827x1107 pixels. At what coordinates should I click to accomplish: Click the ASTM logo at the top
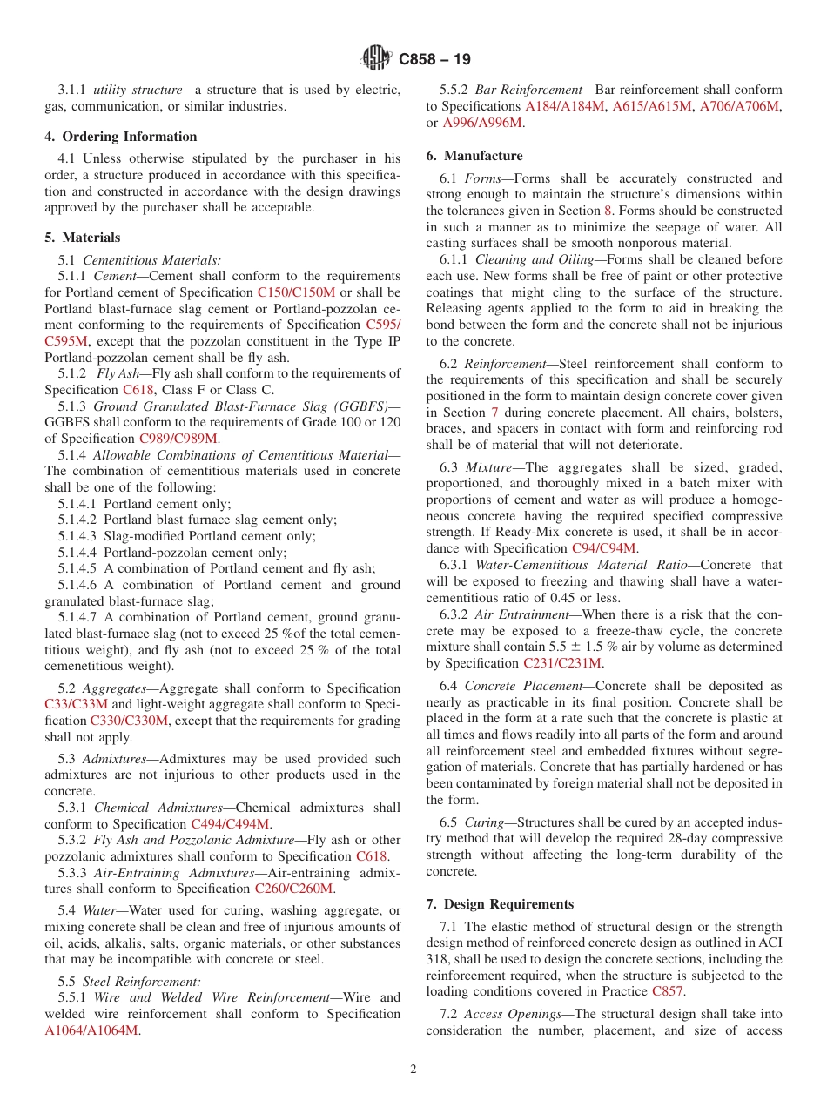[377, 59]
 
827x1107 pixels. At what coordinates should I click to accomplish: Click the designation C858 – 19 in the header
[434, 60]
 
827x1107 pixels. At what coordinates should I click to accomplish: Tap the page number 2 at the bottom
[413, 1070]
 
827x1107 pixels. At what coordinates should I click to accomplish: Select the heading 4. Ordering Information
[121, 137]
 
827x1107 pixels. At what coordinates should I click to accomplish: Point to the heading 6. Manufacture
[474, 156]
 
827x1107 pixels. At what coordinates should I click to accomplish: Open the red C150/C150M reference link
[296, 292]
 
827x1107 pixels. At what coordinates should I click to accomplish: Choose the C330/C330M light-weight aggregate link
[129, 721]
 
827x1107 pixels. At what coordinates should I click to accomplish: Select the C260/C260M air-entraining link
[293, 889]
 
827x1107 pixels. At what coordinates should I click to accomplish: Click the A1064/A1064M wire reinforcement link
[91, 1030]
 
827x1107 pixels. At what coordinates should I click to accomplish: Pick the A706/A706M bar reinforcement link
[743, 106]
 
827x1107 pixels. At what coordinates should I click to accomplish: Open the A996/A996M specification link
[482, 123]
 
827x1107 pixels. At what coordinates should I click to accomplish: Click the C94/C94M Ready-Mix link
[604, 548]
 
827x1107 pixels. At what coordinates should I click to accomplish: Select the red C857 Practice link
[667, 991]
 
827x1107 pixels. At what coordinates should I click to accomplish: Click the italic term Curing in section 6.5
[484, 822]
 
